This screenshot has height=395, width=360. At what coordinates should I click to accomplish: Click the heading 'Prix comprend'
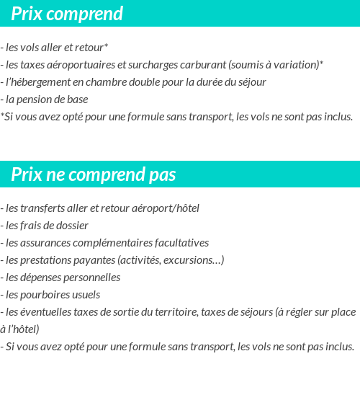(67, 14)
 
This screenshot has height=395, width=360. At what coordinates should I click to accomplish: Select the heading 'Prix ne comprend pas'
(93, 175)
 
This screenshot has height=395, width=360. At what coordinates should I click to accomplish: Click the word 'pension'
(34, 99)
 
